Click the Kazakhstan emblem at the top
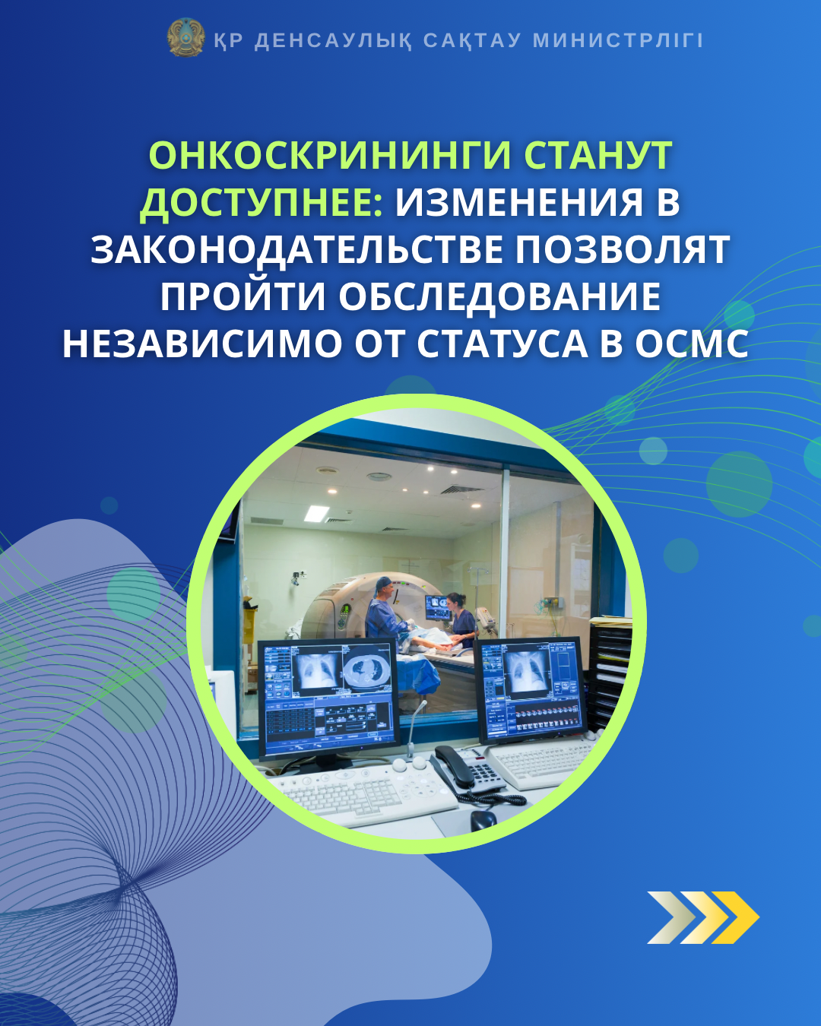point(185,38)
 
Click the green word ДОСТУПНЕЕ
point(261,203)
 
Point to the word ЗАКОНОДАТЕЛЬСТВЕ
point(296,250)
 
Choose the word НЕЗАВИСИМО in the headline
point(200,344)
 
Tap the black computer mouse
point(483,820)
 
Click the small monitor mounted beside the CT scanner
point(437,607)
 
